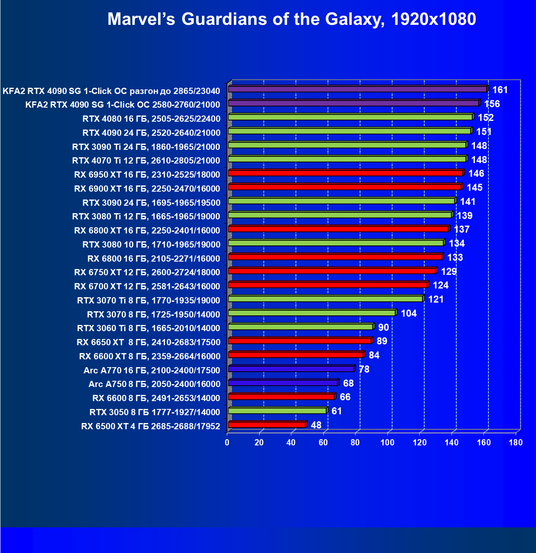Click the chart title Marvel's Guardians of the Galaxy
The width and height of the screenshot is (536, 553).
click(x=291, y=19)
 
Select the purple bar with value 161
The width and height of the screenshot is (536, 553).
click(x=358, y=89)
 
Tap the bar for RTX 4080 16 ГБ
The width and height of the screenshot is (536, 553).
click(x=350, y=117)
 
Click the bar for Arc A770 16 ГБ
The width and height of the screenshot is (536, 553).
click(x=291, y=368)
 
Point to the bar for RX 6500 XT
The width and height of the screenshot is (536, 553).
click(x=267, y=424)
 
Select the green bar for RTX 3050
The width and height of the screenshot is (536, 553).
click(x=277, y=411)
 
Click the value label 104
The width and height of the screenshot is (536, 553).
click(x=409, y=313)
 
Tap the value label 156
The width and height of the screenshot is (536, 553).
click(x=492, y=104)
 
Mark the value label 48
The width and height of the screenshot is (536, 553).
click(x=316, y=425)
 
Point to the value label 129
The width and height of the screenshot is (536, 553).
click(x=449, y=272)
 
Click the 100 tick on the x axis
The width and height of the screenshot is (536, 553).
click(x=387, y=442)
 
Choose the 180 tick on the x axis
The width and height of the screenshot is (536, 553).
click(x=516, y=442)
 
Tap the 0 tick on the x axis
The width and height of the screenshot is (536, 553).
click(x=227, y=442)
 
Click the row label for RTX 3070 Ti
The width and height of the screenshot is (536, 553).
click(x=149, y=301)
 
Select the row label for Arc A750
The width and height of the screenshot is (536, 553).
click(x=154, y=384)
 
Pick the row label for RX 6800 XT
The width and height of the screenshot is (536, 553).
click(x=147, y=231)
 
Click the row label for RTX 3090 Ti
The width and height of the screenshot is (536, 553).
click(x=146, y=147)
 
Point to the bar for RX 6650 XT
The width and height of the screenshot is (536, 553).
click(x=300, y=341)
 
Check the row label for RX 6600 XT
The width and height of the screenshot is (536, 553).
click(x=149, y=356)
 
